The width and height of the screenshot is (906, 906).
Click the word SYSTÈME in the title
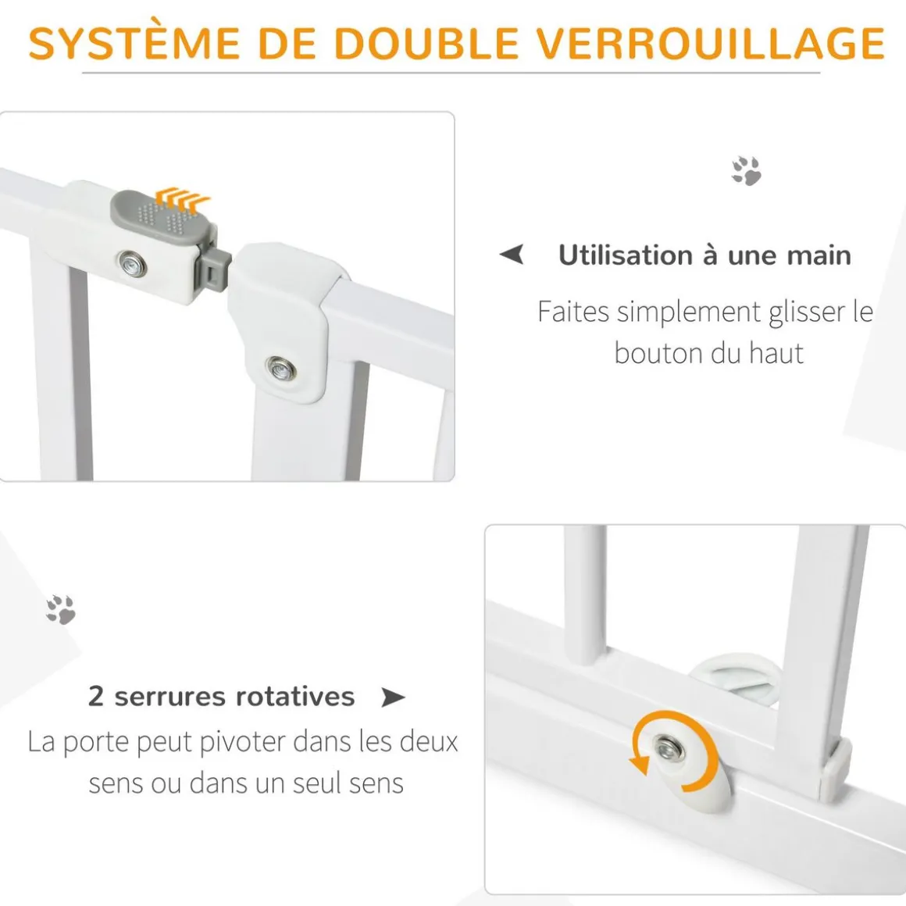point(134,42)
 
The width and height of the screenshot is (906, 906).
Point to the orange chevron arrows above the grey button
point(183,199)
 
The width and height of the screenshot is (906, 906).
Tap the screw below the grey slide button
point(132,265)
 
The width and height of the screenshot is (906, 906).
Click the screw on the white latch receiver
point(281,368)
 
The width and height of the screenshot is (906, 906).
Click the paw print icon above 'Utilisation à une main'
point(746,170)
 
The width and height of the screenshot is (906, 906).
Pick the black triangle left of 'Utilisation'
point(512,254)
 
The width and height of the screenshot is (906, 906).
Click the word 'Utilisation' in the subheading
point(625,255)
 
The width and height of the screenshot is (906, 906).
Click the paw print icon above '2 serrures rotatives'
point(61,609)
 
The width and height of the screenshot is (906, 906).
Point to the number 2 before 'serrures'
point(96,696)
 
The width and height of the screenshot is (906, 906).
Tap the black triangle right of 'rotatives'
point(393,697)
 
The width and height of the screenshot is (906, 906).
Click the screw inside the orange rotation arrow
point(669,750)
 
